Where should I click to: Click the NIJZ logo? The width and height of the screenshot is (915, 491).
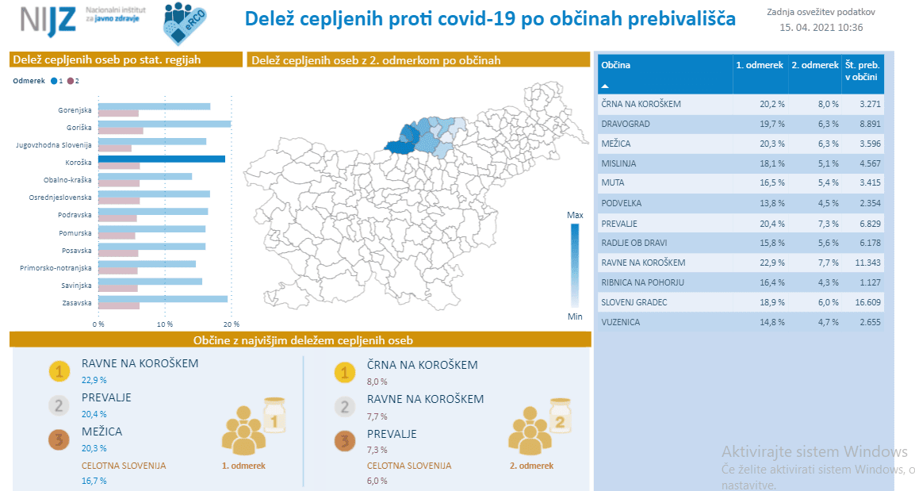[48, 20]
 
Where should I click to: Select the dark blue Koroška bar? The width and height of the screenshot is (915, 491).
[162, 159]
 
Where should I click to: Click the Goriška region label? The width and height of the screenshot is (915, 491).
[78, 127]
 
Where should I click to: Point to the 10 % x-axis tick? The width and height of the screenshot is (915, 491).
[165, 324]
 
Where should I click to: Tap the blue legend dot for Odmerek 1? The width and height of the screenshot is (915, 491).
[54, 81]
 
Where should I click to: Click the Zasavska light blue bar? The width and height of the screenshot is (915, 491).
[163, 299]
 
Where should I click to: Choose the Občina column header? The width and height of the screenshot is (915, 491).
[616, 65]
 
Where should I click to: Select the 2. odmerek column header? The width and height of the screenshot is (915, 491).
[815, 65]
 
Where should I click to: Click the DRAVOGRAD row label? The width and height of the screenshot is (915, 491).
[626, 124]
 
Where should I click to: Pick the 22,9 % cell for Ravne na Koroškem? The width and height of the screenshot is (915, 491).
[772, 263]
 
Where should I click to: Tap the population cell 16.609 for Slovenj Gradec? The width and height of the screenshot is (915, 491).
[867, 302]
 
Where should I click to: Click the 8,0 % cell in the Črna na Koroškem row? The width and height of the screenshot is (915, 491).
[829, 104]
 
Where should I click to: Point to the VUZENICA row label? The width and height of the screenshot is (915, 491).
[620, 322]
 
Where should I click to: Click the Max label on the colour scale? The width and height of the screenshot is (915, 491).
[575, 216]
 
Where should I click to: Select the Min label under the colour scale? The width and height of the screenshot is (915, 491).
[575, 316]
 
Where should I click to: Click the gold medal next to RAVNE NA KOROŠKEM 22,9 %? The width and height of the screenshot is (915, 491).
[59, 371]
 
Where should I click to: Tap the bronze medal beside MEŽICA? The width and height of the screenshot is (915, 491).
[59, 439]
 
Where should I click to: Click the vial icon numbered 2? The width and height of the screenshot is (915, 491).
[560, 416]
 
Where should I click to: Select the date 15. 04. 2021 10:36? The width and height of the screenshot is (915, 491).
[821, 28]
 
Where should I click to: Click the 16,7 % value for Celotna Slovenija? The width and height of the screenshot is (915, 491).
[94, 481]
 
